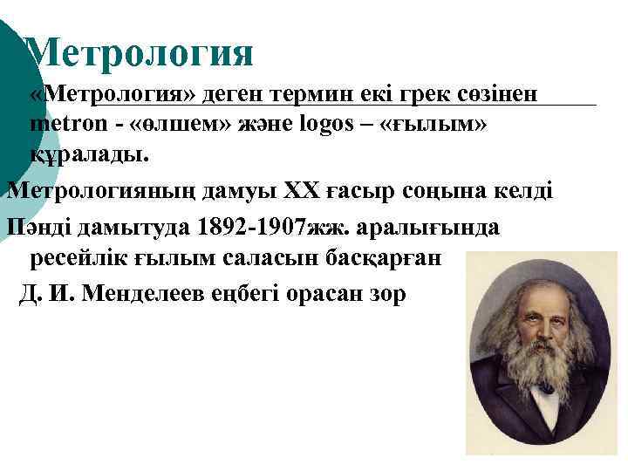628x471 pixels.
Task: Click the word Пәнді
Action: coord(38,227)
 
